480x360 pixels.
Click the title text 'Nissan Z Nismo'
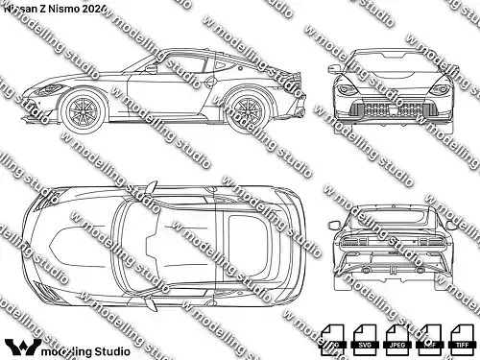click(x=42, y=9)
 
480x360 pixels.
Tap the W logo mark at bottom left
click(x=19, y=347)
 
